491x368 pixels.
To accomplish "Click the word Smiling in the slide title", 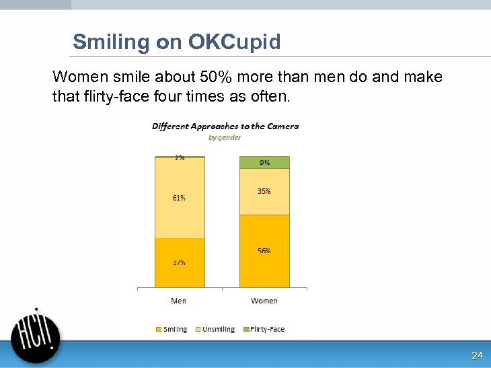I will pos(111,42).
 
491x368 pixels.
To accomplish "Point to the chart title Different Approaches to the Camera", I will pos(225,126).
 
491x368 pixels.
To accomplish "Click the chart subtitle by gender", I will pos(225,137).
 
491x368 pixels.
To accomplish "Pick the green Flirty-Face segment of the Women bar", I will pos(264,162).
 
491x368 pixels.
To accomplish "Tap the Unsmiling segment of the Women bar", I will pos(264,192).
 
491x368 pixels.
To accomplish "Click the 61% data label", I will pos(179,198).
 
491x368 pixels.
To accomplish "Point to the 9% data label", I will pos(264,162).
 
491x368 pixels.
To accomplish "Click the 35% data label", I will pos(264,191).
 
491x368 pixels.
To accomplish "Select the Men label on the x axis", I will pos(178,301).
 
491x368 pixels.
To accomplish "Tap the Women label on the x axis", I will pos(264,301).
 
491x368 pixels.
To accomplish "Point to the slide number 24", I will pos(477,356).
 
